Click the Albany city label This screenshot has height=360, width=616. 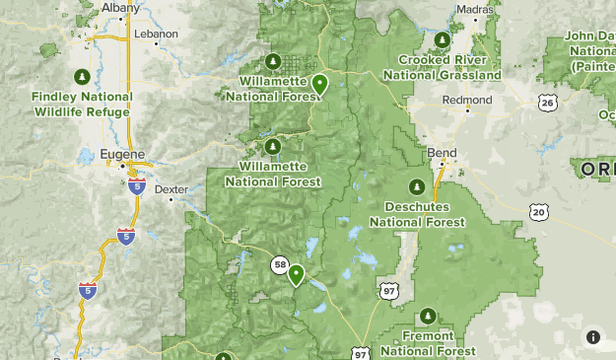[x=120, y=8]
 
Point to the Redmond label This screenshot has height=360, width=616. [x=468, y=101]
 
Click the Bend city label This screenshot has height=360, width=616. [x=443, y=153]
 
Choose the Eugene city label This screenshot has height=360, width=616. [x=123, y=155]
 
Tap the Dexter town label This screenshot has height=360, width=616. [x=171, y=187]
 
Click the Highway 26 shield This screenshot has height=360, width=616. [x=547, y=102]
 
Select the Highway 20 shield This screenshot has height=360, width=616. [x=537, y=210]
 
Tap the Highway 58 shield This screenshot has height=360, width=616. [x=281, y=264]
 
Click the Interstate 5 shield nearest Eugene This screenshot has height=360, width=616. [x=137, y=185]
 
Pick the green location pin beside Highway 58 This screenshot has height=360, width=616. [x=296, y=275]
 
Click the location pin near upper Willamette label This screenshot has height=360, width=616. [x=319, y=84]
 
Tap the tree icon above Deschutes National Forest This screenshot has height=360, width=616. [x=416, y=186]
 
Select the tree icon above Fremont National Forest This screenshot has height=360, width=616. [x=428, y=316]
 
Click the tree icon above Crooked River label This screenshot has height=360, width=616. [x=443, y=39]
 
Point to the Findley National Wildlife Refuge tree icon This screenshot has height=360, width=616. [x=82, y=76]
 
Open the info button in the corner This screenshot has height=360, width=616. [x=592, y=336]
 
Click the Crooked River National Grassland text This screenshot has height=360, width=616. [x=443, y=67]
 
